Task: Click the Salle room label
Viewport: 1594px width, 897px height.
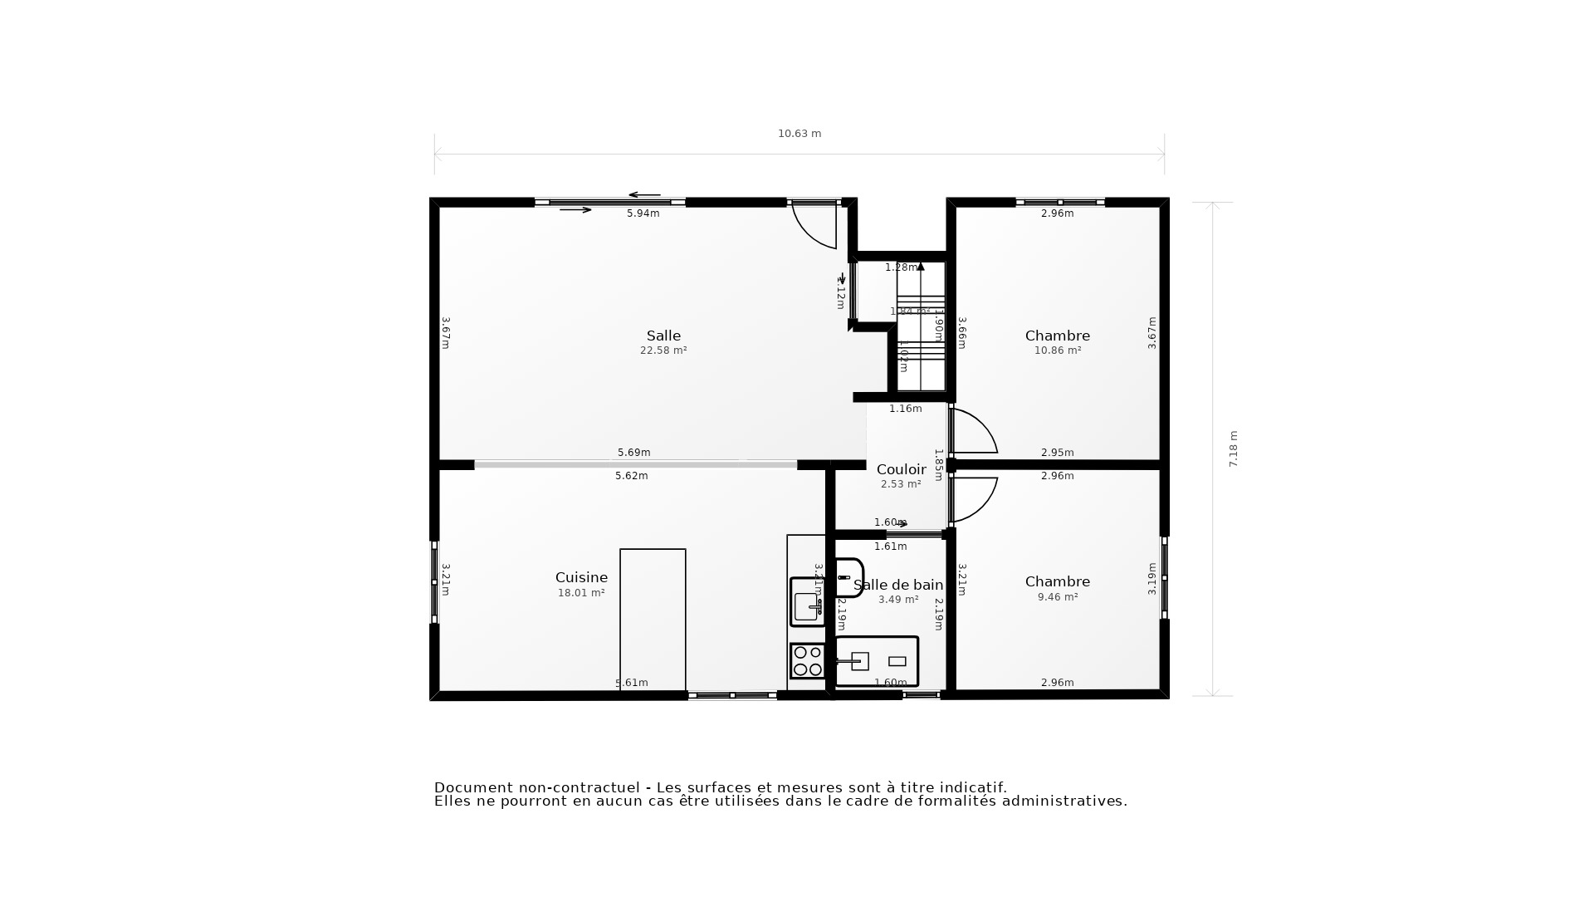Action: pyautogui.click(x=663, y=336)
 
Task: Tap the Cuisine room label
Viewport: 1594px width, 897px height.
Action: pyautogui.click(x=581, y=577)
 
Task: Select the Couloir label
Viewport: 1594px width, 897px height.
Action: pyautogui.click(x=901, y=469)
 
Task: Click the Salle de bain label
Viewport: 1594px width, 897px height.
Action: pyautogui.click(x=898, y=585)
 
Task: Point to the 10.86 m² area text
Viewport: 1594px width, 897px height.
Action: pyautogui.click(x=1057, y=350)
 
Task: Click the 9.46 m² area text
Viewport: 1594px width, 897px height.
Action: pyautogui.click(x=1057, y=596)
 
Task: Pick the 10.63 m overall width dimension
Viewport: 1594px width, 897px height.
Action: pyautogui.click(x=799, y=134)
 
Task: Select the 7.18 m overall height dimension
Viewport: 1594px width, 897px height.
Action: pyautogui.click(x=1233, y=448)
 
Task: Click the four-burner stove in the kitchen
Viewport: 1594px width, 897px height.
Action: pyautogui.click(x=807, y=661)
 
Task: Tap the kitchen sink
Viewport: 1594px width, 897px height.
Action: pyautogui.click(x=807, y=602)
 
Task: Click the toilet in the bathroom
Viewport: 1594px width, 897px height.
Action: pyautogui.click(x=848, y=577)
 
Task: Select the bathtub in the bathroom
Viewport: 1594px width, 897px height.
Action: pyautogui.click(x=877, y=661)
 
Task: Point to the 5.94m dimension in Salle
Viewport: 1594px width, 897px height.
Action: pyautogui.click(x=643, y=213)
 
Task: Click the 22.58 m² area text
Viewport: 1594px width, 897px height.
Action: pyautogui.click(x=663, y=350)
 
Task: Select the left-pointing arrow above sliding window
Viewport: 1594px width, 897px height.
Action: pyautogui.click(x=644, y=195)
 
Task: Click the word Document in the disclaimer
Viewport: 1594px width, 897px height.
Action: pyautogui.click(x=472, y=787)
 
